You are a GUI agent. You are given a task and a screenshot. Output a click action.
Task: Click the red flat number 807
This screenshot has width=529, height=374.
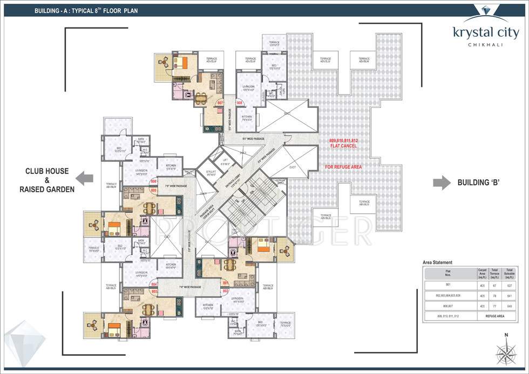pos(220,102)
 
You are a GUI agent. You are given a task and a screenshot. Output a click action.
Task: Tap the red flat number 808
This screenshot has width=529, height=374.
pos(239,102)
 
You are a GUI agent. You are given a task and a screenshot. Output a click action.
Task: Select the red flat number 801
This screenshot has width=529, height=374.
pos(225,282)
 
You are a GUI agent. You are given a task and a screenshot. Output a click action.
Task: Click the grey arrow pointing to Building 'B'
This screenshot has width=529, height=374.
pos(442,182)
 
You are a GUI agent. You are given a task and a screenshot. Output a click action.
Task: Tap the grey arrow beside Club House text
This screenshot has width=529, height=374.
pos(84,178)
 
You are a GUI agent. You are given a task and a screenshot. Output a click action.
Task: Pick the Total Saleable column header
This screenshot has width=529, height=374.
pos(508,273)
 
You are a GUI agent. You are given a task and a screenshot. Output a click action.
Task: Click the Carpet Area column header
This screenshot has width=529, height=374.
pos(482,273)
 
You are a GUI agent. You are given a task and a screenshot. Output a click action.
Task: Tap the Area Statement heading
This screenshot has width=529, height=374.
pos(437,262)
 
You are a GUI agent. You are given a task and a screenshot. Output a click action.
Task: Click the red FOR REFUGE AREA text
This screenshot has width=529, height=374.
pos(343,167)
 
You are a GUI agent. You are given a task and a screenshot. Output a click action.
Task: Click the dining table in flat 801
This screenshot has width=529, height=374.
pos(230,265)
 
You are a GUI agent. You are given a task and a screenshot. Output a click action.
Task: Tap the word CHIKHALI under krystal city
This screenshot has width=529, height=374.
pos(486,45)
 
